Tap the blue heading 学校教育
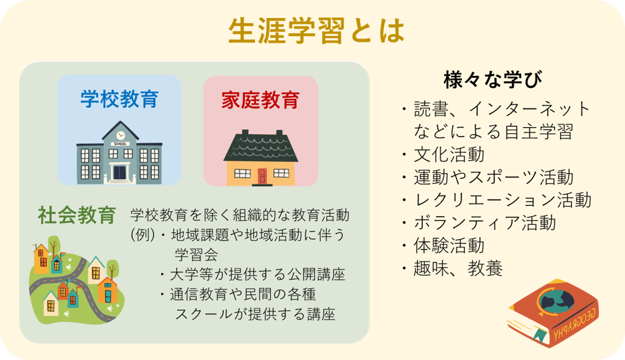click(x=119, y=99)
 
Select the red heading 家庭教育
click(x=260, y=100)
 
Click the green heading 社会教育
click(x=77, y=215)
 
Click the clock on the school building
click(x=120, y=134)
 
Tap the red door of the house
click(x=262, y=176)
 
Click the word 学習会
click(x=196, y=255)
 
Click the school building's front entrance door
click(x=119, y=173)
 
